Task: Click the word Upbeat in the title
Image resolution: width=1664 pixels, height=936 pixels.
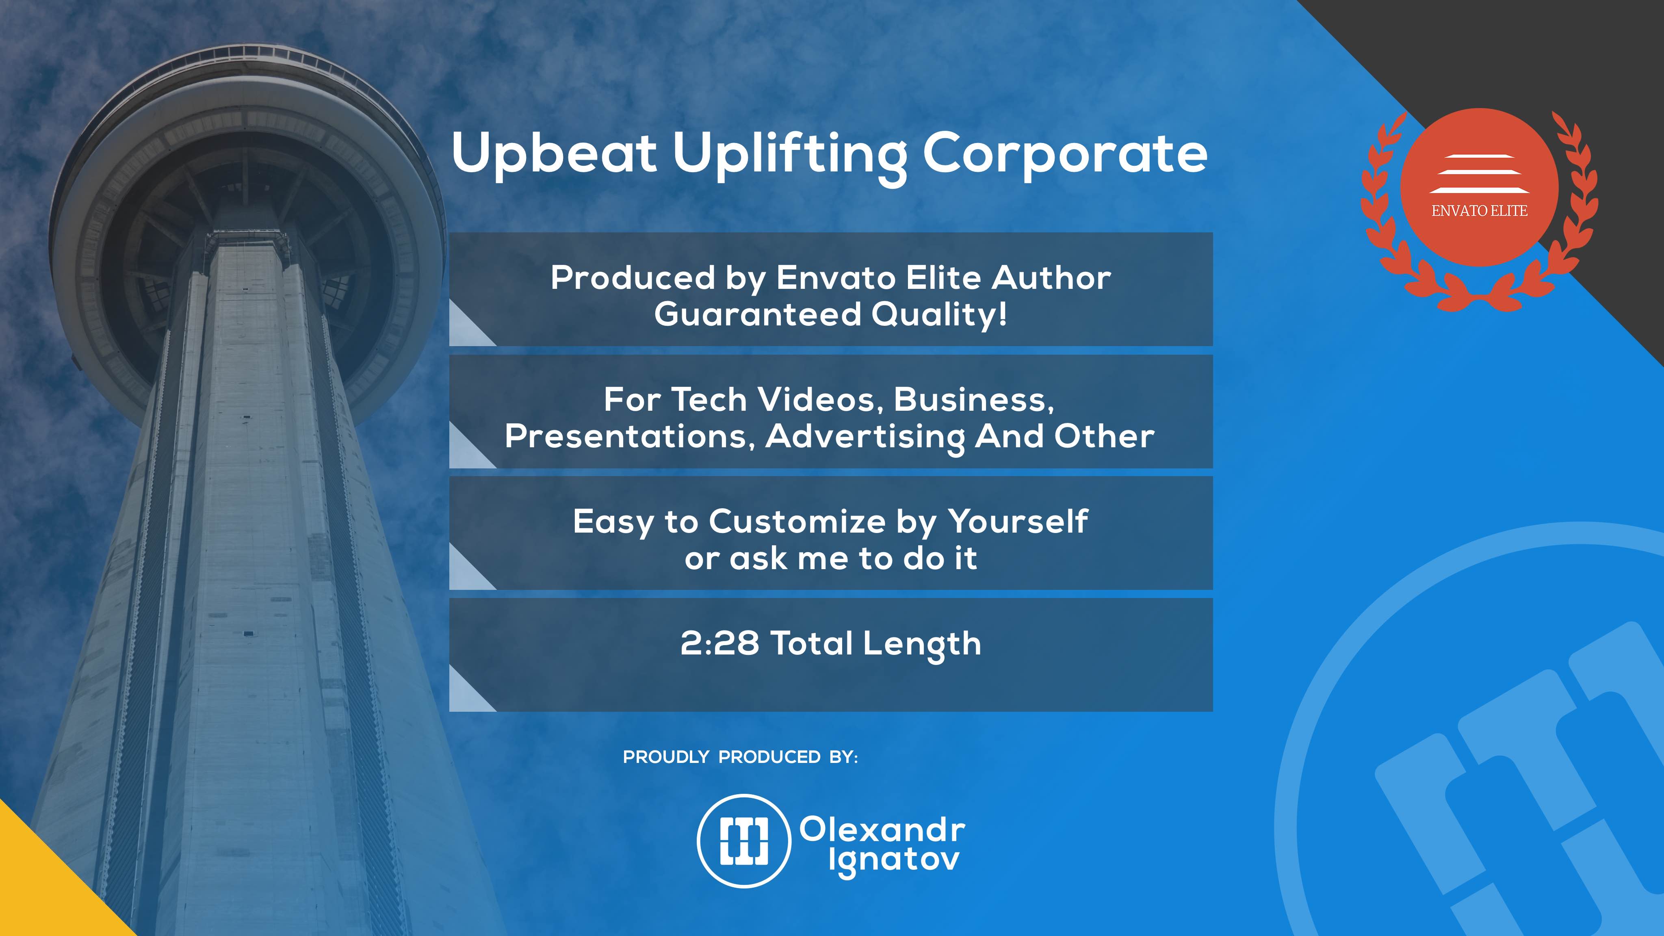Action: (x=554, y=153)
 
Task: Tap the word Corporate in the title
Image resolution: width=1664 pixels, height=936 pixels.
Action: (x=1064, y=153)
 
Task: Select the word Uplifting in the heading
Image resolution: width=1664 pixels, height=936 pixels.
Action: (x=789, y=157)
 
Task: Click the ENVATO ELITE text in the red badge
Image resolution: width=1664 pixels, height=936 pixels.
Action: (x=1479, y=210)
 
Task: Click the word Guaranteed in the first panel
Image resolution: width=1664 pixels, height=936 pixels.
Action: (x=758, y=314)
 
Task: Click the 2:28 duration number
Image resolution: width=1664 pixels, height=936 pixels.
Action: (x=719, y=643)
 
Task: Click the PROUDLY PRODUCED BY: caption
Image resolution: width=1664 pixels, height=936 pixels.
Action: (x=740, y=757)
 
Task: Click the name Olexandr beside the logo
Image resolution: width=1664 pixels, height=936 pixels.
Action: (x=882, y=830)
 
